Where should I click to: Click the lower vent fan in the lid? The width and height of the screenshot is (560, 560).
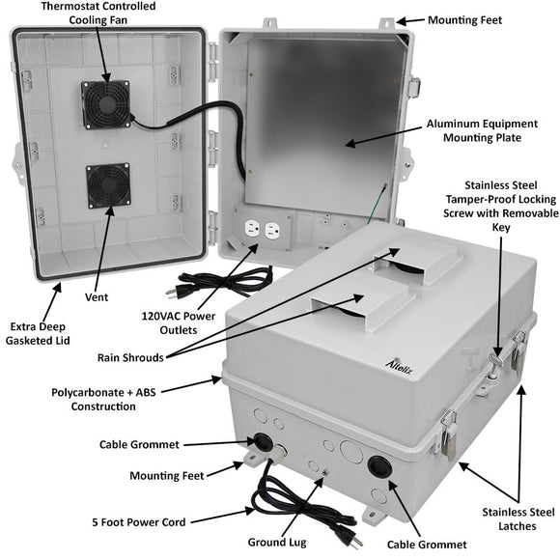107,185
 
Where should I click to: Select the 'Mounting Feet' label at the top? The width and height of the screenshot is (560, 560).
466,18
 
